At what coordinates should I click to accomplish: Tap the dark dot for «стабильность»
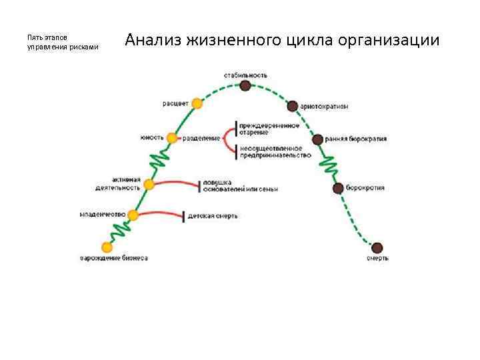[x=246, y=85]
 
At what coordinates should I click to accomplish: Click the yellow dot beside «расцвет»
[x=196, y=103]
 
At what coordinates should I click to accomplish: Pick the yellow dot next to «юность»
[x=172, y=138]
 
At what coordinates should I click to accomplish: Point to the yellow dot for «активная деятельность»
[x=149, y=184]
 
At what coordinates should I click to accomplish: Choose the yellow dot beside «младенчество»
[x=133, y=215]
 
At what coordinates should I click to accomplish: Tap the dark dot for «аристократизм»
[x=292, y=106]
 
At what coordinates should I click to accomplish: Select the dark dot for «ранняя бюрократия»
[x=317, y=139]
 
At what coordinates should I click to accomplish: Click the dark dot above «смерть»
[x=377, y=248]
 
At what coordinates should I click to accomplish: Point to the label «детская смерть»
[x=213, y=216]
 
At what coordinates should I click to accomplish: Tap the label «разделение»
[x=202, y=138]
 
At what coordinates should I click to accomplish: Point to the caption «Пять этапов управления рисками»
[x=63, y=42]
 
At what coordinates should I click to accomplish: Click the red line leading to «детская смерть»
[x=160, y=213]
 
